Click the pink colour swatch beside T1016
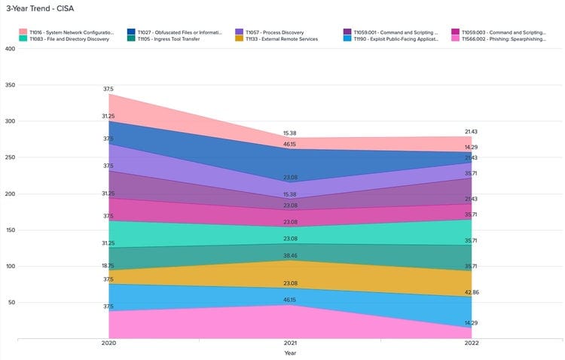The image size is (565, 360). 23,32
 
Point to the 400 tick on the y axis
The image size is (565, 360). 9,48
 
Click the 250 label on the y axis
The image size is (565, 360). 9,157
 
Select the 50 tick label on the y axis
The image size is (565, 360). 11,303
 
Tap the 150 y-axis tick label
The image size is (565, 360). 9,230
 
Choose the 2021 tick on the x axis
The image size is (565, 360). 291,343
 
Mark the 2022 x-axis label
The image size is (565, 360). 471,343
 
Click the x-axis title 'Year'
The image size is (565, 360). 291,352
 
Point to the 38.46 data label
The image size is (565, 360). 291,256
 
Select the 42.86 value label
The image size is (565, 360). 471,291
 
